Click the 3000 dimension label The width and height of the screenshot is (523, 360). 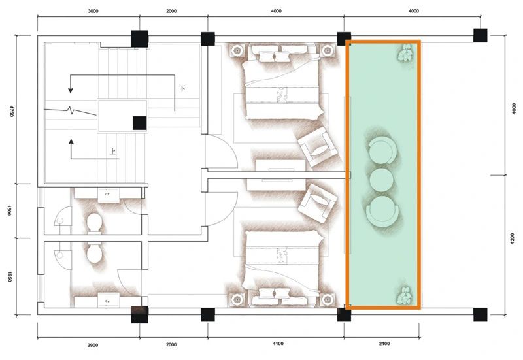tap(93, 11)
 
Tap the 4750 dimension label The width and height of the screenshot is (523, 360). tap(12, 111)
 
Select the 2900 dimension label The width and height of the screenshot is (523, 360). tap(93, 345)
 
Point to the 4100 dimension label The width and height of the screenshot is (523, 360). tap(278, 344)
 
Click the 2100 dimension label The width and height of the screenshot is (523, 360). tap(384, 344)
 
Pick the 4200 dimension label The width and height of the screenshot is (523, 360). tap(513, 238)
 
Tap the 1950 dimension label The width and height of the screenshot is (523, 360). tap(10, 276)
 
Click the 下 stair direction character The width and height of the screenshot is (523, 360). tap(182, 89)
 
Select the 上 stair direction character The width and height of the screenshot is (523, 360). tap(113, 152)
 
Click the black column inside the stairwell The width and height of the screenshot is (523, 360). tap(140, 123)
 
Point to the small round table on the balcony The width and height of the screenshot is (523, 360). tap(381, 180)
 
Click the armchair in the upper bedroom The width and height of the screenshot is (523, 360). tap(316, 146)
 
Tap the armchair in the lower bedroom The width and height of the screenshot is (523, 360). tap(318, 203)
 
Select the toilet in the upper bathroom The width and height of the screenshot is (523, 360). tap(94, 222)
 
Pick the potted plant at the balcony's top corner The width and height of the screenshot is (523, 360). tap(406, 54)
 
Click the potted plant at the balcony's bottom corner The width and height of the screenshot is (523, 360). tap(405, 295)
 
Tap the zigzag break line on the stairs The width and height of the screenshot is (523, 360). tap(70, 110)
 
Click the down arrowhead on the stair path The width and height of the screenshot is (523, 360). tap(71, 90)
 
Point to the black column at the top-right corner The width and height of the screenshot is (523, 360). tap(481, 35)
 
